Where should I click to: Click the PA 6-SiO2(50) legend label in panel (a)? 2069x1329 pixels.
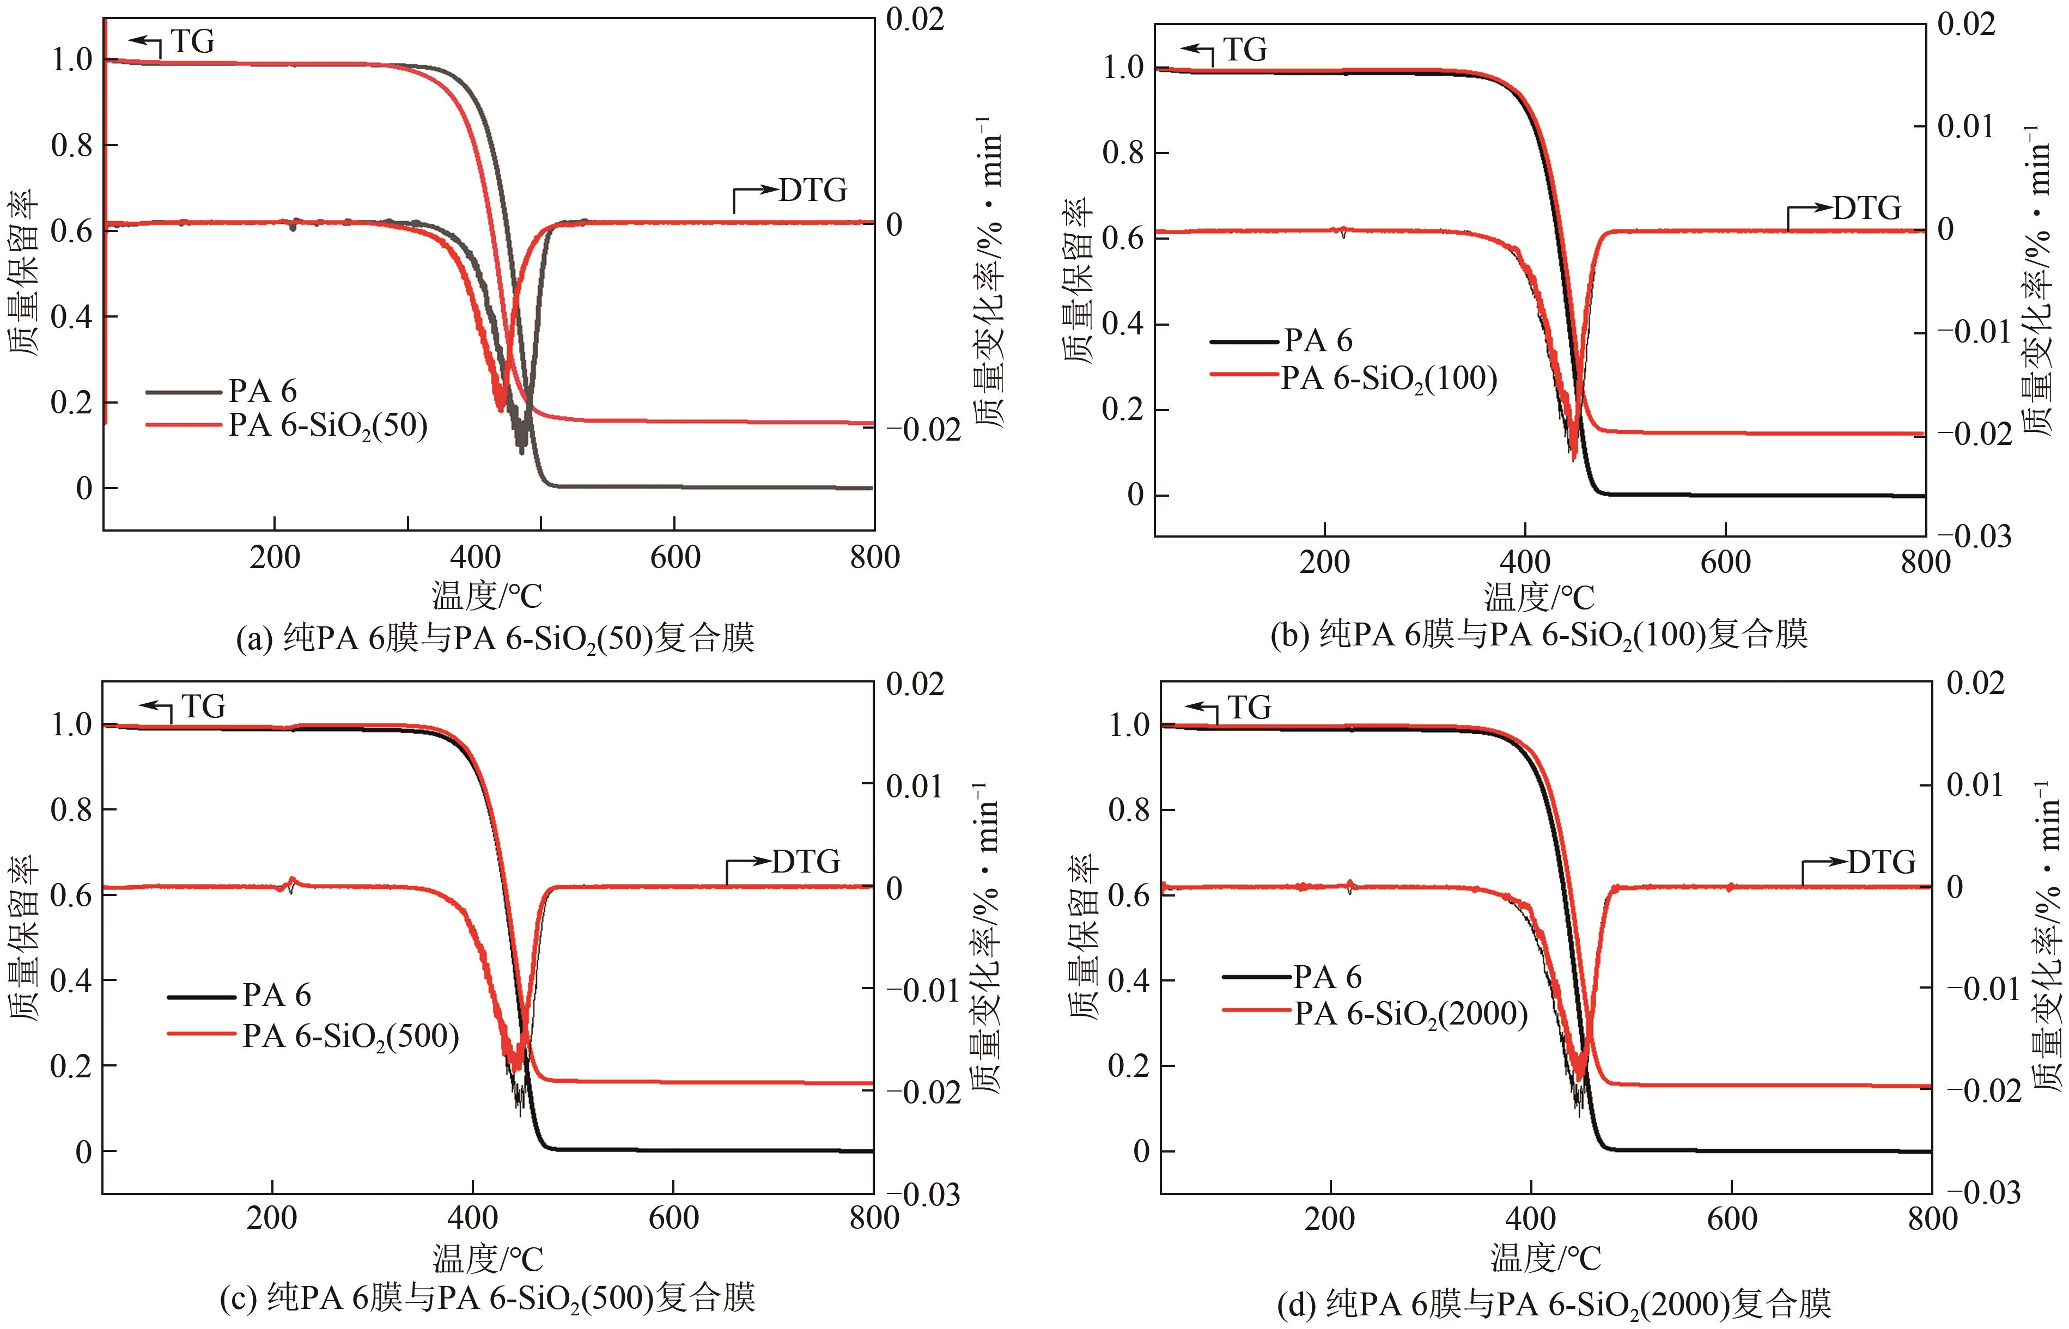(x=328, y=425)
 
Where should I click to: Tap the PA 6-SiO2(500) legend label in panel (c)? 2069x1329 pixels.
(x=350, y=1035)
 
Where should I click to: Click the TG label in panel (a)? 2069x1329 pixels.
(x=192, y=41)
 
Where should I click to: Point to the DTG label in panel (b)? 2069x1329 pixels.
(x=1866, y=208)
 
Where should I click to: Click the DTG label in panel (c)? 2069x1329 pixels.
(x=805, y=861)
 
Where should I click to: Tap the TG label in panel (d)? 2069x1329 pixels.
(x=1249, y=708)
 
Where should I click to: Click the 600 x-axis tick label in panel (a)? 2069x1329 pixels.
(x=674, y=558)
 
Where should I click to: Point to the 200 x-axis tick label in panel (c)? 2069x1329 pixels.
(x=272, y=1218)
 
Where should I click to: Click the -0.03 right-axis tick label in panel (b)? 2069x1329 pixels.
(x=1980, y=537)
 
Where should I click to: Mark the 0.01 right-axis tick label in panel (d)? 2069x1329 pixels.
(x=1975, y=785)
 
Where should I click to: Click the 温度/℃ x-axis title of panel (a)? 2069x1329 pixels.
(x=488, y=595)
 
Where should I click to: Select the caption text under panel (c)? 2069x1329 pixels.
(x=488, y=1297)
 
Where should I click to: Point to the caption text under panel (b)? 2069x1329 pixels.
(x=1539, y=635)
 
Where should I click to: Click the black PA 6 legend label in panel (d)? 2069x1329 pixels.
(x=1326, y=977)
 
